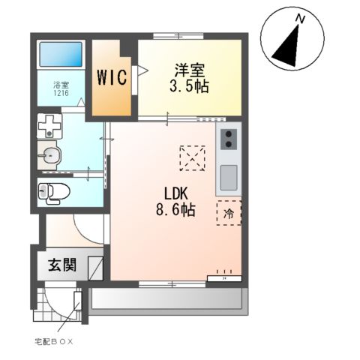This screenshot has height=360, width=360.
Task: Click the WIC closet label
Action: point(112,77)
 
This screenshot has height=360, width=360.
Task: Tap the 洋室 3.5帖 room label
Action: point(189,78)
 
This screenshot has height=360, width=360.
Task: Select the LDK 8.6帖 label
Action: point(175,202)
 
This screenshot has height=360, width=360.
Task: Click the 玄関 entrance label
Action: point(62,265)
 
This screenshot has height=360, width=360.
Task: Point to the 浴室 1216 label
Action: point(61,89)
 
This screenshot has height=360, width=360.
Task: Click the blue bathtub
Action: point(61,55)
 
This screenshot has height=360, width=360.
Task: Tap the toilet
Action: point(54,192)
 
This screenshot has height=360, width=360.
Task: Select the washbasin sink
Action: point(49,155)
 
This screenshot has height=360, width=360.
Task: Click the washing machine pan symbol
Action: point(49,126)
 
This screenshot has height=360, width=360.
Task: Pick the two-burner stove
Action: point(229,139)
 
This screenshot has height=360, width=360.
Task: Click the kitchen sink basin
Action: point(229,178)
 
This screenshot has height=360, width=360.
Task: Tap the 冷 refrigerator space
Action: point(229,213)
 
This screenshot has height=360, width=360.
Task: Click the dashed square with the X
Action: point(193,158)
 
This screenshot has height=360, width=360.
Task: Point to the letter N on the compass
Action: point(300,19)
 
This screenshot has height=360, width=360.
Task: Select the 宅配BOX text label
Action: point(54,342)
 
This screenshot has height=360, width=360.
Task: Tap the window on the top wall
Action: point(178,36)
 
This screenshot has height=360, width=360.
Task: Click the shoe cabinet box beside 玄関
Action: point(95,268)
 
